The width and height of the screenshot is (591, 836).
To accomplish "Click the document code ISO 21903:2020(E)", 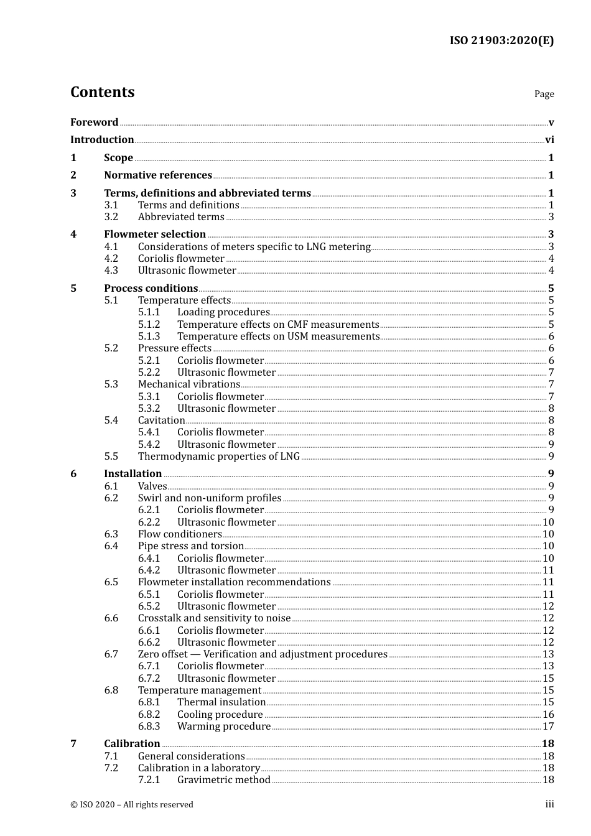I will coord(501,40).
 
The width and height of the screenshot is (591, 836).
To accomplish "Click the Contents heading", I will coord(102,92).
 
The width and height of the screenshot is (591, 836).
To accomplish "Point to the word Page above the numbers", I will coord(544,94).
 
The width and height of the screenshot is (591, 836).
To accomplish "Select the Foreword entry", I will coord(94,122).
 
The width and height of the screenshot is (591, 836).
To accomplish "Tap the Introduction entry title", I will coord(102,139).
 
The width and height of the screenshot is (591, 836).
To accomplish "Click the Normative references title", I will coord(158,175).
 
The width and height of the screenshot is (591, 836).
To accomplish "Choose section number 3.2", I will coord(111,217).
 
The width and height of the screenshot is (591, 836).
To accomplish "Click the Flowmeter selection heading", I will coord(155,235).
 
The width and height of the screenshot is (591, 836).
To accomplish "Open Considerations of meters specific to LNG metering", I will coord(254,247).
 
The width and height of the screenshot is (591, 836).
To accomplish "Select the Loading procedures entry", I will coord(223,312).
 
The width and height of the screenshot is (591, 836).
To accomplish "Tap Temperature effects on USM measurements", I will coord(278,337).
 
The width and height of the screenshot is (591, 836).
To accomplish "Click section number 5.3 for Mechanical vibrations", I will coord(111,384).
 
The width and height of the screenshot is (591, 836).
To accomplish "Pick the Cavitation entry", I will coord(162,420).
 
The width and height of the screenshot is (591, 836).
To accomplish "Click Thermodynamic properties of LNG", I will coord(219,457).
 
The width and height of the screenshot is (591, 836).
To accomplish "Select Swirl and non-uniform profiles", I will coord(210,498).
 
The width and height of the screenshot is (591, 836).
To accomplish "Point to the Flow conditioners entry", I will coord(180,534).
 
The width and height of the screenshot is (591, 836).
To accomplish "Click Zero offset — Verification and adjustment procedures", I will coord(263,654).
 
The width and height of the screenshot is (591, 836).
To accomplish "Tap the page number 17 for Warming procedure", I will coord(548,727).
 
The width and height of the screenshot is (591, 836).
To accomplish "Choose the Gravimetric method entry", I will coord(224,780).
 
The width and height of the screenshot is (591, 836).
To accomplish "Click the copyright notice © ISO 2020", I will coord(132,805).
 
